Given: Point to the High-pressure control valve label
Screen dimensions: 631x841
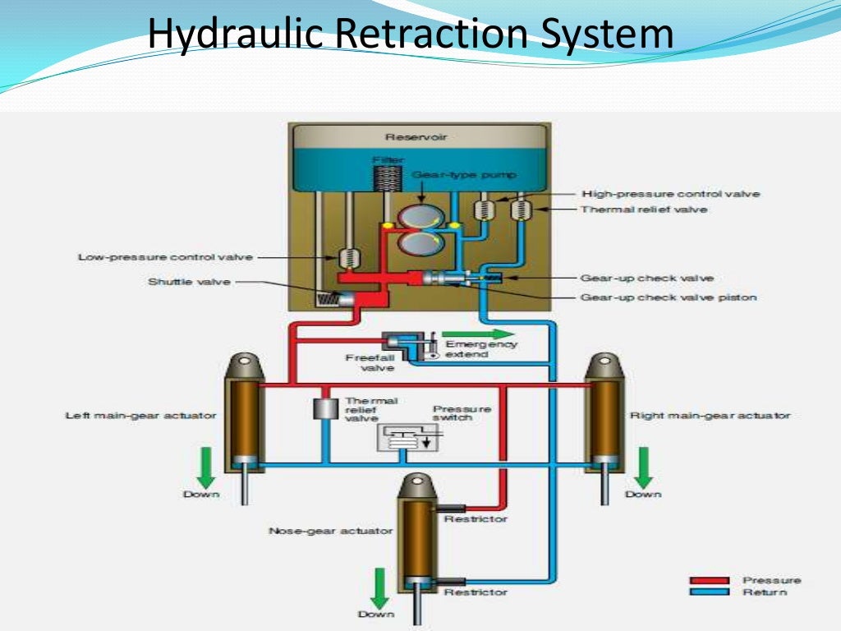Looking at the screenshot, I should [670, 194].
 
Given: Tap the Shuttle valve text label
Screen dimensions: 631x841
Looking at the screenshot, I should [189, 281].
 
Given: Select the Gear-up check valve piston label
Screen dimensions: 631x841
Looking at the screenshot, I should [668, 297].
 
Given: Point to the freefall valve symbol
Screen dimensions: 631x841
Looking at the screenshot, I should [405, 344].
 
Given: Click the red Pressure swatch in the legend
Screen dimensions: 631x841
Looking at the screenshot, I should [709, 581].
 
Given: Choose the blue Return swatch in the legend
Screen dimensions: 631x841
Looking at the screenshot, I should [709, 592].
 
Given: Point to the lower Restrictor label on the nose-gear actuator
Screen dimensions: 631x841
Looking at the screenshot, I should [476, 592].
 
